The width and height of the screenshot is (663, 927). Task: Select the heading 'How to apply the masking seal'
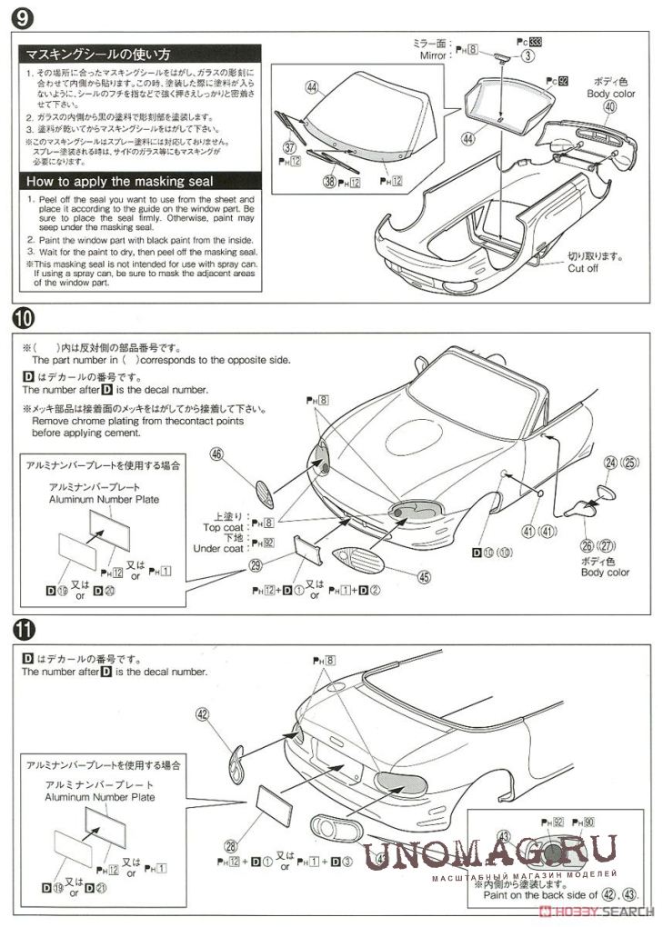coord(119,181)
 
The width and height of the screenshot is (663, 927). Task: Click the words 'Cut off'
coord(583,268)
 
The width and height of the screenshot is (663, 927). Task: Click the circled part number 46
coord(217,454)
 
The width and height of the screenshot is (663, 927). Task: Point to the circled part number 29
coord(257,564)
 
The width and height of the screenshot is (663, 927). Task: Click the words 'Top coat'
coord(223,526)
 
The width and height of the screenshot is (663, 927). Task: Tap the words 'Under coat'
coord(218,548)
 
